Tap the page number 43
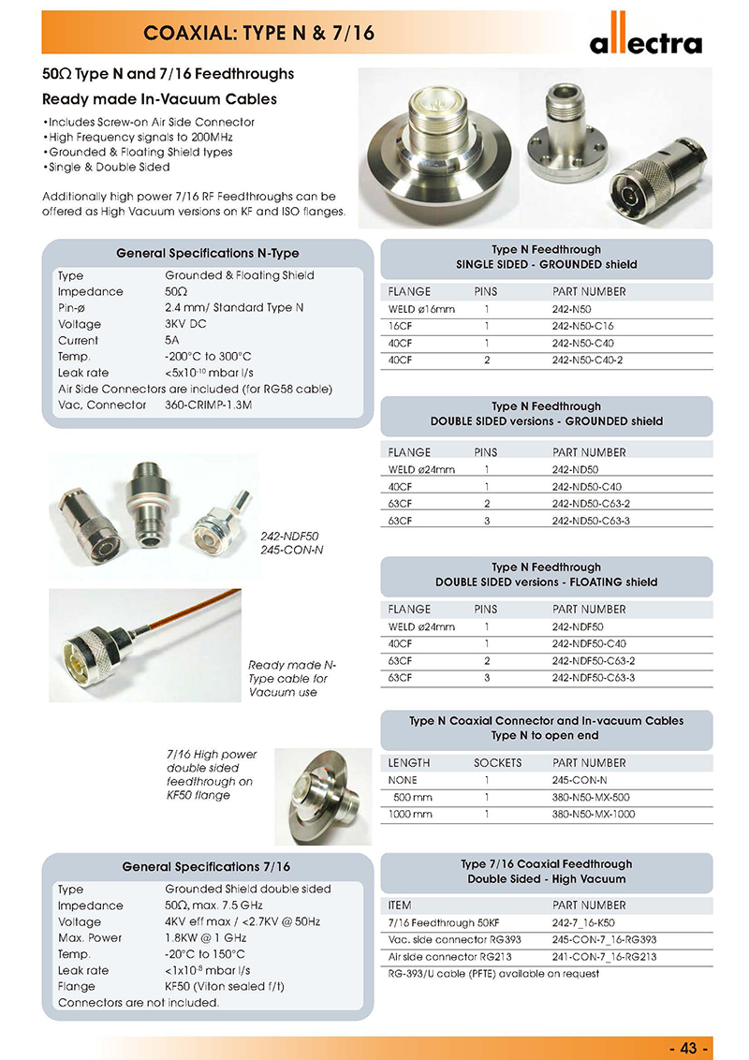[x=690, y=1047]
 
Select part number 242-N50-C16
[x=583, y=326]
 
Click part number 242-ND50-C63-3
[x=594, y=521]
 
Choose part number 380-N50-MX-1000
[x=594, y=815]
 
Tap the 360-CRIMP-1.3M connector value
[x=203, y=405]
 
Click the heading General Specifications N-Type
[x=208, y=254]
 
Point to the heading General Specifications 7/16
[x=207, y=867]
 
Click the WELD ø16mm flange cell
[x=421, y=309]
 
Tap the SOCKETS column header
[x=497, y=762]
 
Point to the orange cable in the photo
[x=197, y=618]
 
